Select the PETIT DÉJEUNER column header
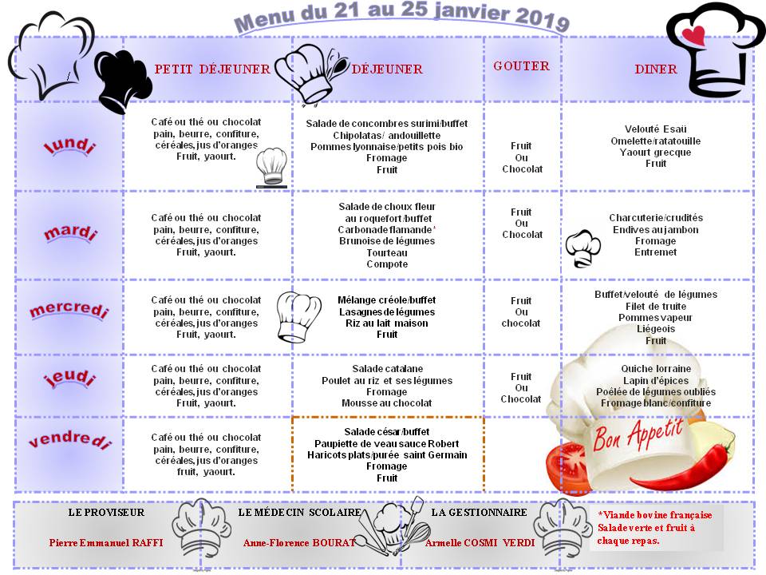click(x=212, y=69)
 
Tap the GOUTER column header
click(x=521, y=65)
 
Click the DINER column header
click(x=656, y=69)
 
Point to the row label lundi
click(x=69, y=147)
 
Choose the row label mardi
click(x=70, y=234)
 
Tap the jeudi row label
click(x=69, y=379)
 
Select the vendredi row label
click(x=70, y=440)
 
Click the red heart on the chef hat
click(x=696, y=35)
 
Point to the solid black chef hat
click(x=123, y=81)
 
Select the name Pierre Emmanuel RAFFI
click(x=106, y=542)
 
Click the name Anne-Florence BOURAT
click(x=298, y=542)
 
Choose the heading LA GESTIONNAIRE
click(x=479, y=512)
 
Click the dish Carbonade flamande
click(x=385, y=229)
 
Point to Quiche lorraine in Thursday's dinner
click(x=656, y=369)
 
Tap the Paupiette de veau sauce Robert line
click(x=387, y=443)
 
